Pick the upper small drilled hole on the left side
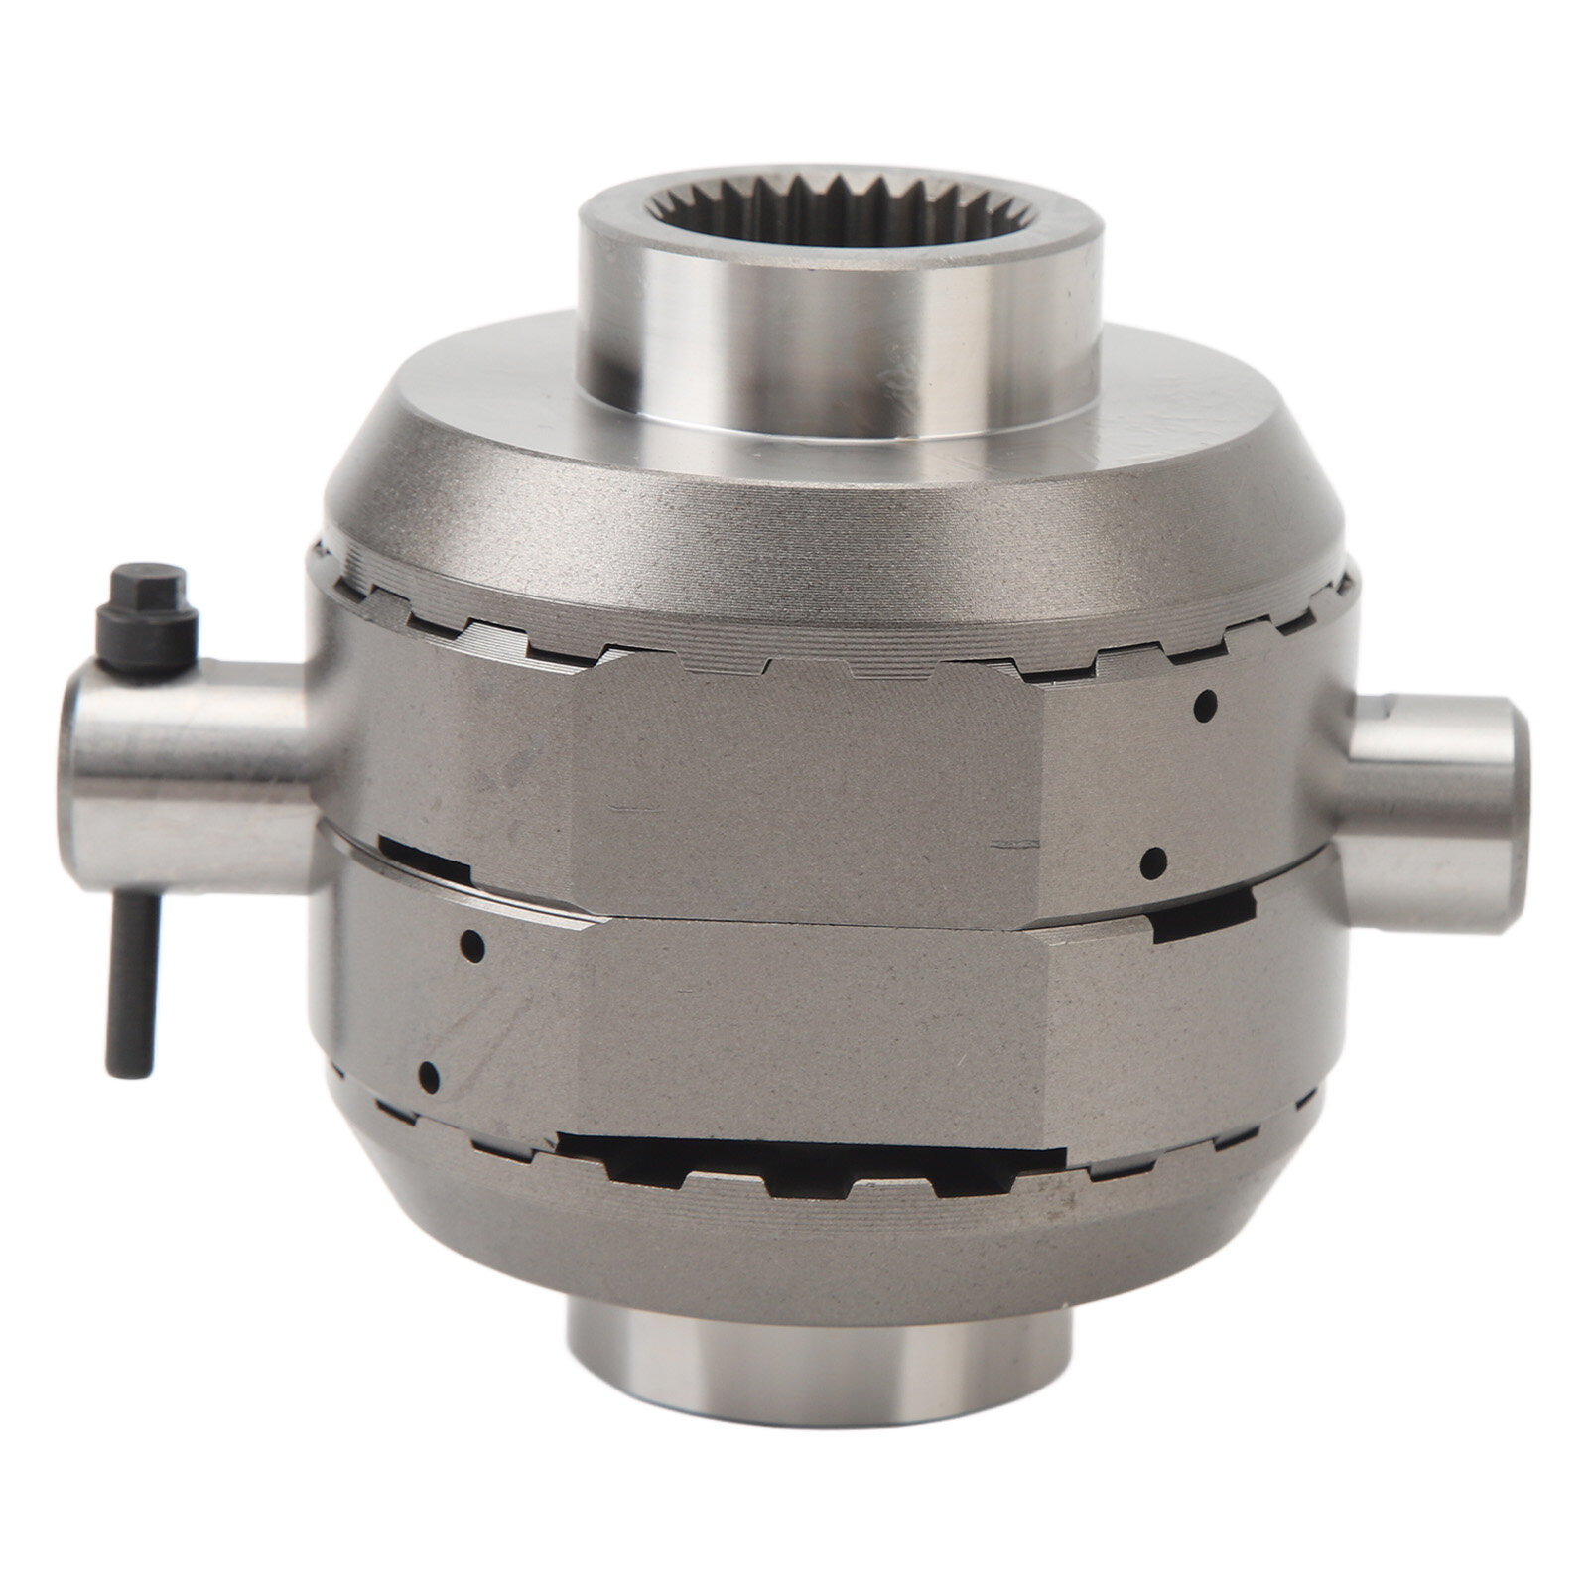[x=474, y=942]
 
